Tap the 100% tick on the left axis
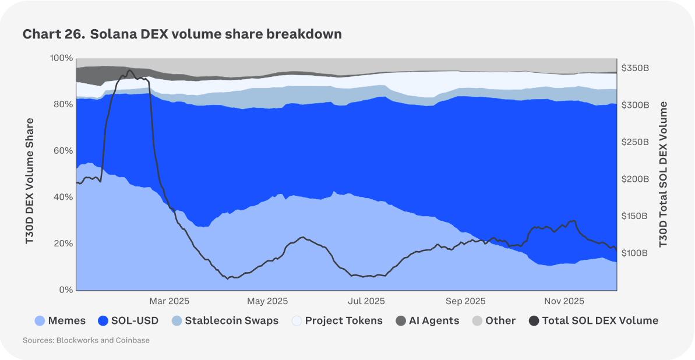point(61,58)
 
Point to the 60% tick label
point(63,151)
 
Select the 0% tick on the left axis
point(66,290)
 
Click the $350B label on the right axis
point(635,68)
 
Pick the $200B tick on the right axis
point(635,179)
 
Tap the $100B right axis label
point(635,253)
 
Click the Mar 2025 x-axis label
point(170,301)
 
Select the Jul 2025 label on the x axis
point(366,301)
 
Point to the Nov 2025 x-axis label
point(564,301)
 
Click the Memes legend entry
point(60,320)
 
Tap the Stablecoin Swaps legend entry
point(225,320)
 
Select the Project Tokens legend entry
point(337,320)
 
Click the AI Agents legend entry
point(428,320)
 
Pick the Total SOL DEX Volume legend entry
point(593,320)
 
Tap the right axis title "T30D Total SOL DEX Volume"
point(663,174)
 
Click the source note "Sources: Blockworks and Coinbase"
point(86,340)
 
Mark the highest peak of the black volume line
point(129,70)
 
